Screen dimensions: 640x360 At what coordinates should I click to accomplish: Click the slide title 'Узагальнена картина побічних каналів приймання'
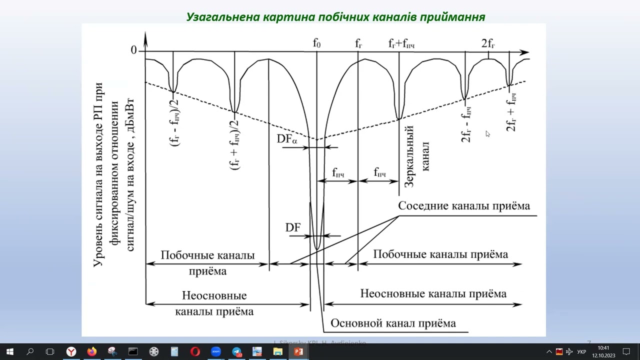(335, 17)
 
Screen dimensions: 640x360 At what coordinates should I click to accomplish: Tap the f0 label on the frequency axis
(316, 43)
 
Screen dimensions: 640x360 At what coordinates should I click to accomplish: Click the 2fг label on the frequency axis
(488, 43)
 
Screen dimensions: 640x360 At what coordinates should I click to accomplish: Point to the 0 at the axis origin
(133, 50)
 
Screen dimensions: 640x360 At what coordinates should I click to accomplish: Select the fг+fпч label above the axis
(401, 44)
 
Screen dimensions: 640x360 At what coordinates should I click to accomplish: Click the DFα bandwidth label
(287, 139)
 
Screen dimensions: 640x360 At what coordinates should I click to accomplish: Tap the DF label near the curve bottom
(293, 228)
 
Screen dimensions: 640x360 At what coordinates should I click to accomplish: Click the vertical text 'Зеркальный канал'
(417, 156)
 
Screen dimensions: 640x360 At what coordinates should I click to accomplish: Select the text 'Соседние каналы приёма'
(464, 206)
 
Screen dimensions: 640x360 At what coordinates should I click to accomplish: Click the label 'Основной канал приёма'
(393, 323)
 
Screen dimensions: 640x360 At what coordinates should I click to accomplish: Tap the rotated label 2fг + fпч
(511, 112)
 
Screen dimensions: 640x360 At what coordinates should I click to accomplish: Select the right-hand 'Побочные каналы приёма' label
(440, 254)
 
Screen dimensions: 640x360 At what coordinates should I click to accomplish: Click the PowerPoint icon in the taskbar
(298, 351)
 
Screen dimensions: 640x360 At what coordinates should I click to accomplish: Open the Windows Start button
(9, 351)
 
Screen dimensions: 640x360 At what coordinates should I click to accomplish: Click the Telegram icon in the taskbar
(236, 351)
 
